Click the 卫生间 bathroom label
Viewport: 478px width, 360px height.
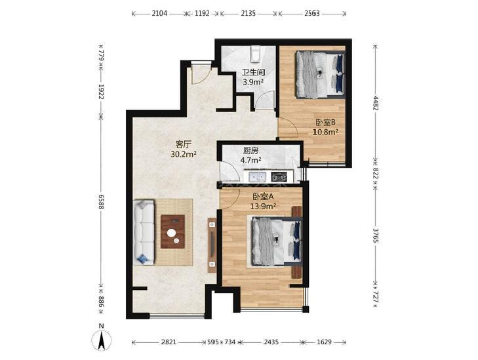point(253,72)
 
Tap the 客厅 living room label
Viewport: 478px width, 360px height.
point(184,144)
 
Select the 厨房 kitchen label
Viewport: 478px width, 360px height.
point(251,151)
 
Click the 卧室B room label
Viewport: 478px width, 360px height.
point(326,123)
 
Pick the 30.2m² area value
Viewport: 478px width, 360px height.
point(184,154)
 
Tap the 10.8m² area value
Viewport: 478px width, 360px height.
point(326,132)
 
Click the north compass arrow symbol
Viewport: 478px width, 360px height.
point(102,340)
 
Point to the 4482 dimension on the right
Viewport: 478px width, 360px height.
point(376,103)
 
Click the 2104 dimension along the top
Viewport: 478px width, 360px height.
point(159,13)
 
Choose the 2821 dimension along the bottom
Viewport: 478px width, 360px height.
point(169,342)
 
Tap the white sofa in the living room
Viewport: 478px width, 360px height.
point(144,232)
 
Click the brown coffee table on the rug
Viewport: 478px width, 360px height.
point(172,231)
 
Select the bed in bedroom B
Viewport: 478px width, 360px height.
point(321,75)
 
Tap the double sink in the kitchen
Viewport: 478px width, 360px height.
point(258,177)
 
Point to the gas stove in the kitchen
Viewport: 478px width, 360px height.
point(279,177)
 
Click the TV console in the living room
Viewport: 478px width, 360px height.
point(212,245)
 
